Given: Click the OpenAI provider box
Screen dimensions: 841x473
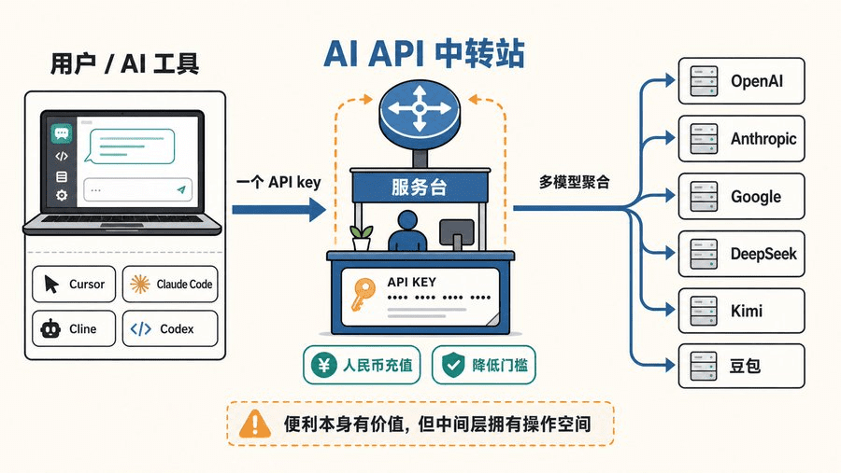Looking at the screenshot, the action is point(741,81).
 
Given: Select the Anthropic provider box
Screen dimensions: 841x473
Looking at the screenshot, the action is point(741,139).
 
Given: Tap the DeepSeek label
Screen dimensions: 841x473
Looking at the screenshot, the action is point(763,254).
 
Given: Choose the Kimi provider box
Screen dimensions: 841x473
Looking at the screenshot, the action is point(741,311).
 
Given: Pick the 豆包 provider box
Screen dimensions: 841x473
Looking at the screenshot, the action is point(741,366).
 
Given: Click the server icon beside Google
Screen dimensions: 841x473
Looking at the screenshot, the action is point(704,196).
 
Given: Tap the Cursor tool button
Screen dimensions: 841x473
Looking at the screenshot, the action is point(74,284).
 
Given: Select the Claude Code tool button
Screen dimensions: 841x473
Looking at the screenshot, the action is point(170,284).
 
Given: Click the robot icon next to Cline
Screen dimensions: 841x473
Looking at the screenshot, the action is point(50,328).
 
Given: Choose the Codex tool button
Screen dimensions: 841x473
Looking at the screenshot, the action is point(170,328).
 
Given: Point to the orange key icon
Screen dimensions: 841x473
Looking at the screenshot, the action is point(363,295).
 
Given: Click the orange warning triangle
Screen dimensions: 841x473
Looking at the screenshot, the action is point(255,424).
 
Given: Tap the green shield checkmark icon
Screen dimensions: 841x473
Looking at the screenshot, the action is point(453,366).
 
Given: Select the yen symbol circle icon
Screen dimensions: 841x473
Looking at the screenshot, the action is point(324,366).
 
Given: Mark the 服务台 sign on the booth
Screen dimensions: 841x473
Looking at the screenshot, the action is point(420,187).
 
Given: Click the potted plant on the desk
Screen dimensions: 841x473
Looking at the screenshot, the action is point(362,238).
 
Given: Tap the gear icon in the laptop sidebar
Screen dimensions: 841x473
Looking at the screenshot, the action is point(62,196).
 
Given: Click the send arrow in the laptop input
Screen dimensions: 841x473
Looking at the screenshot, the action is point(181,189).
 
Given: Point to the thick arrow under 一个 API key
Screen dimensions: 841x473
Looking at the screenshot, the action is point(278,210).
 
